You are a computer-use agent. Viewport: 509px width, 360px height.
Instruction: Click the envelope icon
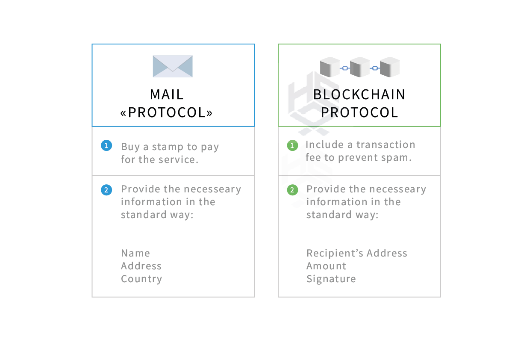pos(173,66)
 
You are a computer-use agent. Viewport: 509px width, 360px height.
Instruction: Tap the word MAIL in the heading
pos(167,95)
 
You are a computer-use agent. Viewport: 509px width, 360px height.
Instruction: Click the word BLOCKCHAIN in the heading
pos(359,95)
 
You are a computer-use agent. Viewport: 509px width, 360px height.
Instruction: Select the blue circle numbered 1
pos(106,145)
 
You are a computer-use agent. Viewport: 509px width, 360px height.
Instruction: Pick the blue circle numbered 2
pos(106,190)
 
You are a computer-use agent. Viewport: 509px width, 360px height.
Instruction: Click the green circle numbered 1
pos(292,145)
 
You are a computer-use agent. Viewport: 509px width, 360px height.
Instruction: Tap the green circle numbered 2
pos(292,190)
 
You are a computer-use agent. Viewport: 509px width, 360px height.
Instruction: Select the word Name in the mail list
pos(135,253)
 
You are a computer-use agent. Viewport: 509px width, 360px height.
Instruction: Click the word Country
pos(141,279)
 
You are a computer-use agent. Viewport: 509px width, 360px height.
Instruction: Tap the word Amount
pos(326,266)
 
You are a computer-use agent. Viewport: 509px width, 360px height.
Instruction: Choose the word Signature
pos(331,279)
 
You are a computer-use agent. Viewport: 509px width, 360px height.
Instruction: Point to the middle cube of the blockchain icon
pos(360,67)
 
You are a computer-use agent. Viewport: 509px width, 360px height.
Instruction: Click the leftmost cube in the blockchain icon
pos(330,67)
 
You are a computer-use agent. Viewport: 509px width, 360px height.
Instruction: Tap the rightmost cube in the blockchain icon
pos(389,67)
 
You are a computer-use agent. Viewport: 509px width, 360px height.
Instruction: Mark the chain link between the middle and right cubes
pos(375,68)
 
